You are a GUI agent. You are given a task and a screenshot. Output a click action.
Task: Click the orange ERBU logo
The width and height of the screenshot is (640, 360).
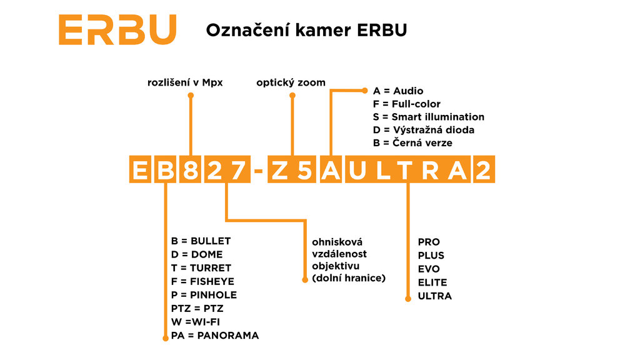(117, 29)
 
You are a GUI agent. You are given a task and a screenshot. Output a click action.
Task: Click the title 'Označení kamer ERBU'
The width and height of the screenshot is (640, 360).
(306, 30)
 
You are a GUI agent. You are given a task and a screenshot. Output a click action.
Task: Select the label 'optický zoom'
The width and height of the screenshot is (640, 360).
(291, 82)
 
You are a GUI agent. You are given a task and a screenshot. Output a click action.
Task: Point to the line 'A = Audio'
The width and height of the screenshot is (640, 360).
(398, 91)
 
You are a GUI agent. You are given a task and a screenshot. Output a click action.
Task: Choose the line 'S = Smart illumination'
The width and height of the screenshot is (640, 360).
(428, 117)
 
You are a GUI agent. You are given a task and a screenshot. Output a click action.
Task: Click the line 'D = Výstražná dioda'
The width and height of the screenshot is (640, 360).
(423, 130)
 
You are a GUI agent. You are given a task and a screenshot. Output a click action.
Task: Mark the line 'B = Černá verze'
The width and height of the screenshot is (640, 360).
(412, 143)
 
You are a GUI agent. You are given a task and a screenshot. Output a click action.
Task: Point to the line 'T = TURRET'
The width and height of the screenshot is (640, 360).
(201, 268)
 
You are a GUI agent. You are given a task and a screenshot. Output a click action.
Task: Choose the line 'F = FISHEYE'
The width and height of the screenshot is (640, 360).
(202, 281)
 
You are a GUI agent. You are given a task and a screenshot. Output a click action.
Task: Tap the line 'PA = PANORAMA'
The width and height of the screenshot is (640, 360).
(214, 336)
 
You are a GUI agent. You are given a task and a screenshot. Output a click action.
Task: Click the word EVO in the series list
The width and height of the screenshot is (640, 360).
(429, 269)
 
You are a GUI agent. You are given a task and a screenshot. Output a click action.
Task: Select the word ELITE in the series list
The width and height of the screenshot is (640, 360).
(432, 282)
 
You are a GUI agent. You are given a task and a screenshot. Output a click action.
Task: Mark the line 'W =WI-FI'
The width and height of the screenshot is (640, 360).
(196, 322)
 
